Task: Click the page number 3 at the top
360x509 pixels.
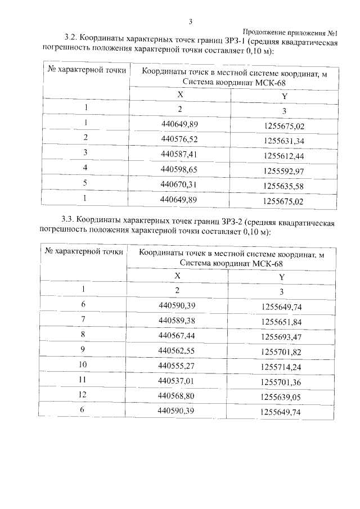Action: pos(191,22)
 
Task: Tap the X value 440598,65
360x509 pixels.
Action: pos(180,168)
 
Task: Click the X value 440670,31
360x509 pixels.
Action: pos(180,184)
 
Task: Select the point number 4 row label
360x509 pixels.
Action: pos(85,168)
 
